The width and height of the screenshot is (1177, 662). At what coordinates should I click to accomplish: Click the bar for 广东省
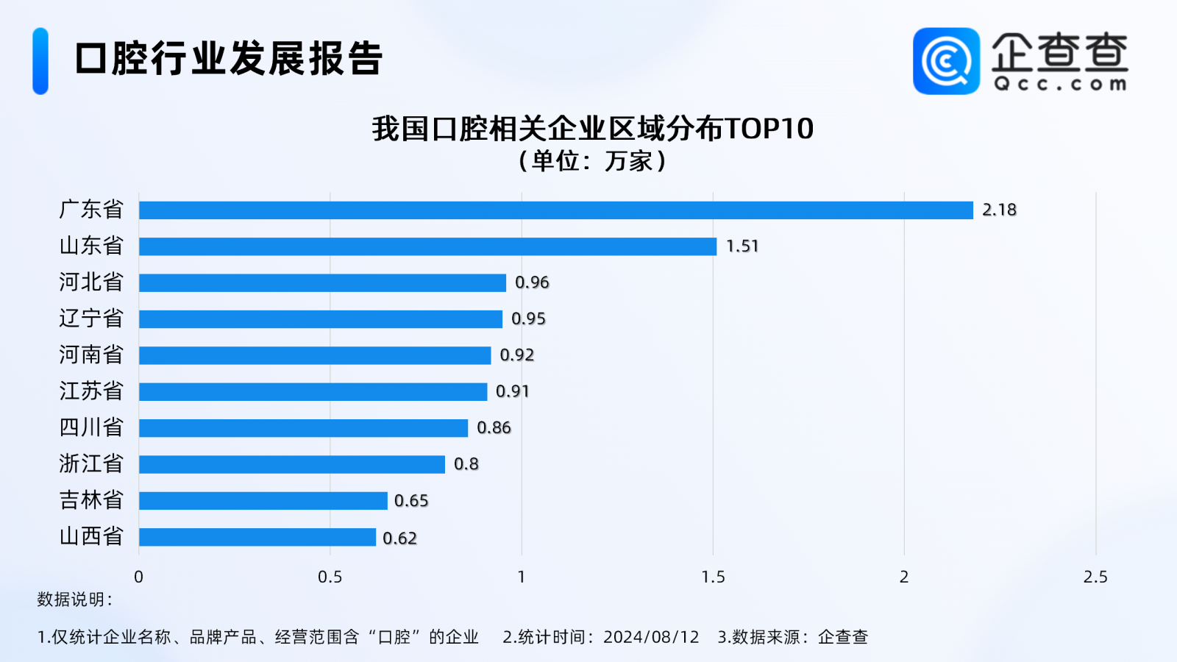tap(555, 210)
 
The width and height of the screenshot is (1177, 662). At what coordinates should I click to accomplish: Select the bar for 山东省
tap(427, 246)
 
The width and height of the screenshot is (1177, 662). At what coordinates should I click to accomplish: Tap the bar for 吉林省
tap(263, 501)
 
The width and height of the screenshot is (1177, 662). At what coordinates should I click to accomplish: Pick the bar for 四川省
tap(303, 428)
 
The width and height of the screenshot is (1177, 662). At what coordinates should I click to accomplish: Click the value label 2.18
tap(999, 210)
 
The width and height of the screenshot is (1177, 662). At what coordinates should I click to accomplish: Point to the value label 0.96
tap(532, 282)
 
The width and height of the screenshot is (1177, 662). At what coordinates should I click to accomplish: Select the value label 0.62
tap(399, 538)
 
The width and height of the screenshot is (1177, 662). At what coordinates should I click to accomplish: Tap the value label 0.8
tap(466, 464)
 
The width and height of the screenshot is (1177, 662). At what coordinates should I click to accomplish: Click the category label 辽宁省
tap(91, 318)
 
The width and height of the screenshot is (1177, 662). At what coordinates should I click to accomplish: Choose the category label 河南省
tap(91, 355)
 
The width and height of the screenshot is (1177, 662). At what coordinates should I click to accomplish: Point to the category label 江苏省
tap(91, 391)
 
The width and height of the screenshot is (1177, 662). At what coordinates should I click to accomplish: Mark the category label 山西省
tap(91, 536)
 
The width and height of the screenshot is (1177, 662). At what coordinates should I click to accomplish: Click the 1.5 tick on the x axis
tap(713, 577)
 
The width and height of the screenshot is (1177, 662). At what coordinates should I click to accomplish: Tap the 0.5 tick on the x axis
tap(330, 577)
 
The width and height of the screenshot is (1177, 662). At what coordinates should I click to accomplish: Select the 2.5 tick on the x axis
tap(1095, 577)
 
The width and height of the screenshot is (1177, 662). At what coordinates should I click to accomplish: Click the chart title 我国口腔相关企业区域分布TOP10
tap(592, 129)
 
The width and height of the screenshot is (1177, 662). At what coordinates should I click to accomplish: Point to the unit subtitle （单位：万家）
tap(592, 161)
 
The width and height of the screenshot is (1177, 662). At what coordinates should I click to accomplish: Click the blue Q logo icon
tap(946, 61)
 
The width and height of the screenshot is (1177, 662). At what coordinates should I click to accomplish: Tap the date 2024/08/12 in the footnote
tap(651, 637)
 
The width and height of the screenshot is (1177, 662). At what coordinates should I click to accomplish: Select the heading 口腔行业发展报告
tap(229, 59)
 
